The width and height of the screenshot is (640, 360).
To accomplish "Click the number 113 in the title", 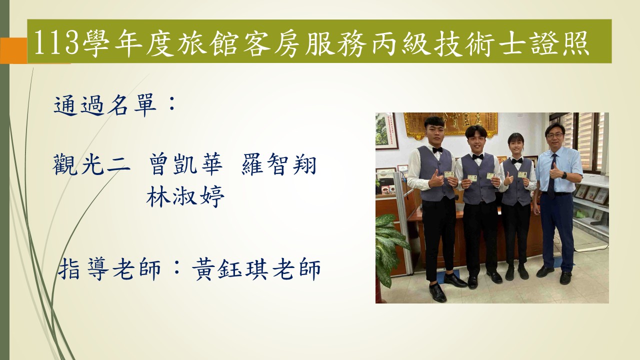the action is point(56,42).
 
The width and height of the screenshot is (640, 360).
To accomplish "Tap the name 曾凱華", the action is point(185,165).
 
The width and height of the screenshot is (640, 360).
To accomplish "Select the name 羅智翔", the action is point(279,165).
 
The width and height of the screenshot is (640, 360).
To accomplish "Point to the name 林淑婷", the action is point(185,196).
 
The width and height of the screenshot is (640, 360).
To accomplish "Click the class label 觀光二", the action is point(91,165).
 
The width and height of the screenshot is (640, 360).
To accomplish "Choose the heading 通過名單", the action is point(105,105).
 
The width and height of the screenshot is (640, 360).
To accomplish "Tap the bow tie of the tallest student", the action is point(437,149).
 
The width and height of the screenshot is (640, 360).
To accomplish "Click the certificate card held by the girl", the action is point(522,174).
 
